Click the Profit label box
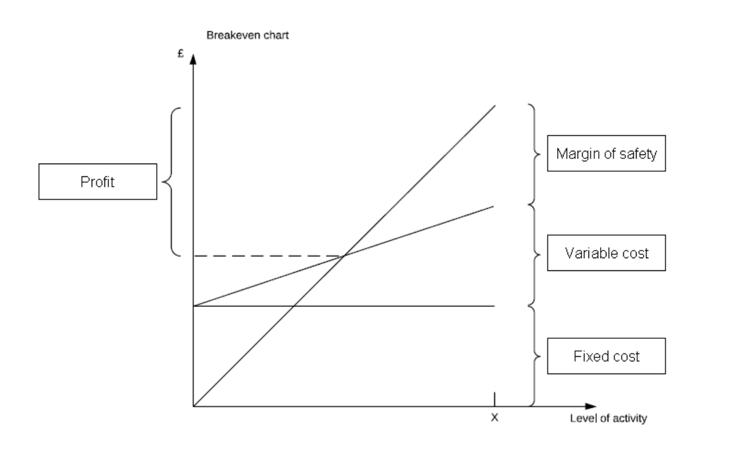coord(97,182)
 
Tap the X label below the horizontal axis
coord(494,417)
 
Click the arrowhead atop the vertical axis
coord(193,58)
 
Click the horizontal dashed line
coord(267,255)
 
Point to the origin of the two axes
coord(193,406)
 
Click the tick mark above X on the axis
coord(494,399)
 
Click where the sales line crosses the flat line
coord(293,305)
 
